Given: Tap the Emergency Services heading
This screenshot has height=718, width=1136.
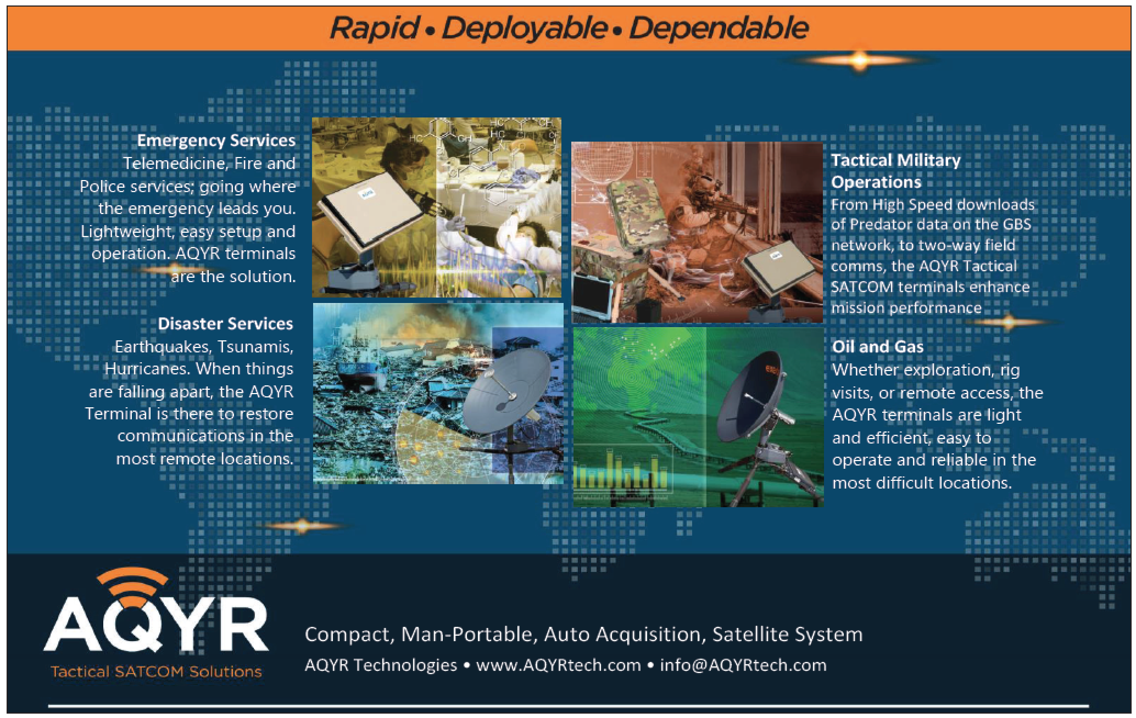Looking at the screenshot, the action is click(216, 141).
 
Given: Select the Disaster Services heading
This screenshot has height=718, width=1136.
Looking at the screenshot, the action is click(225, 324).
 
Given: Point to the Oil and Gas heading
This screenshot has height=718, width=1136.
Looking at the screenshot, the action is click(878, 346).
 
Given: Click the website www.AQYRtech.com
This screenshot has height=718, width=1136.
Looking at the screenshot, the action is click(558, 665).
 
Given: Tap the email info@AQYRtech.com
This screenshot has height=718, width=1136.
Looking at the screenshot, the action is click(743, 665).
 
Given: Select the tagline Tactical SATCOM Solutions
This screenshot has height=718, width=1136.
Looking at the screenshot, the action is click(156, 671).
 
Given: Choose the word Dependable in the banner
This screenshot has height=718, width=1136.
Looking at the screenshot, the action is click(719, 27).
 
